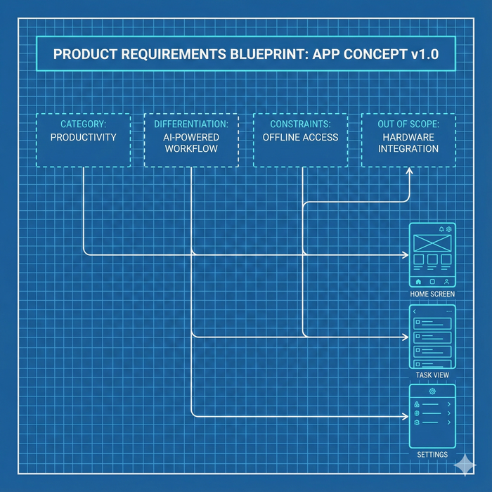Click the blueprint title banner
click(246, 55)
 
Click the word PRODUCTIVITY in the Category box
click(83, 137)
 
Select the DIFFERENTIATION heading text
click(191, 124)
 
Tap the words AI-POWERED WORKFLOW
click(191, 143)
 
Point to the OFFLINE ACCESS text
click(300, 137)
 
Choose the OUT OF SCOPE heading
click(408, 124)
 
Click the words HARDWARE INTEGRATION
click(408, 143)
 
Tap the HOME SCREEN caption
click(432, 294)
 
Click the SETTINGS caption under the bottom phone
click(432, 455)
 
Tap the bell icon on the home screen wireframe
click(441, 230)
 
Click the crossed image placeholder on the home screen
click(432, 243)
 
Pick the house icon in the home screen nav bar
click(418, 281)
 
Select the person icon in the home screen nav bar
click(446, 281)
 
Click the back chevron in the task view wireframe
click(415, 311)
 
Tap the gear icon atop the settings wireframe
click(432, 391)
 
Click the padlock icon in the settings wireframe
click(417, 405)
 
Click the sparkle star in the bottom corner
click(465, 465)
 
